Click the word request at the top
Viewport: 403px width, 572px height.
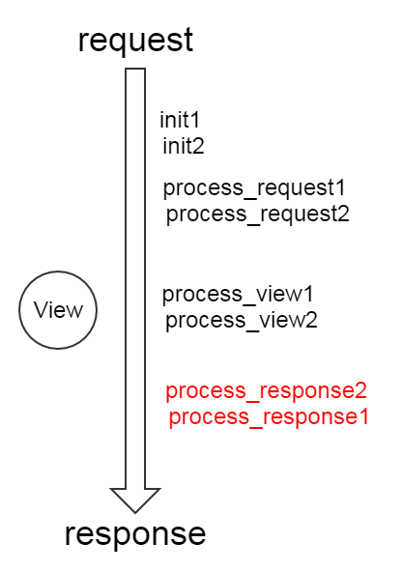pos(135,41)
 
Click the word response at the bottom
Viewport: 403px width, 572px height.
pos(135,535)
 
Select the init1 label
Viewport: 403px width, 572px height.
pos(180,120)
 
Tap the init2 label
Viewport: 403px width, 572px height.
pos(184,146)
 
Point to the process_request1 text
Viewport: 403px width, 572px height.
pos(254,188)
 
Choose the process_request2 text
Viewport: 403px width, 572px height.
pos(258,214)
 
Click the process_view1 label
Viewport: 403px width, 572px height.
pos(238,295)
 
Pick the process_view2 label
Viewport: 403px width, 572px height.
pos(242,321)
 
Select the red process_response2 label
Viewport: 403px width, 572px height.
pos(266,391)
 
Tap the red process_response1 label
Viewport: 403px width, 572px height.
pos(269,417)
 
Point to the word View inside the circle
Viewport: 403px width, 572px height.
pos(58,310)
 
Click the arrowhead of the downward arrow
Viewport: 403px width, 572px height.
pos(135,500)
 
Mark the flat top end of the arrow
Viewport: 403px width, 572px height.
pos(135,69)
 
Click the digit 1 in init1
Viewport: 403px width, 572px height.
pos(195,120)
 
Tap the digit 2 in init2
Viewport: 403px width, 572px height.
pos(198,146)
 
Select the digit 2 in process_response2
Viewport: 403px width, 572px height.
pos(360,390)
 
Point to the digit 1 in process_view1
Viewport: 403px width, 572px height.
pos(308,294)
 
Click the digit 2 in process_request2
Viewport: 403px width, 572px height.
pos(343,214)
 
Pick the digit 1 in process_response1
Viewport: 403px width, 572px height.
pos(364,416)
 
